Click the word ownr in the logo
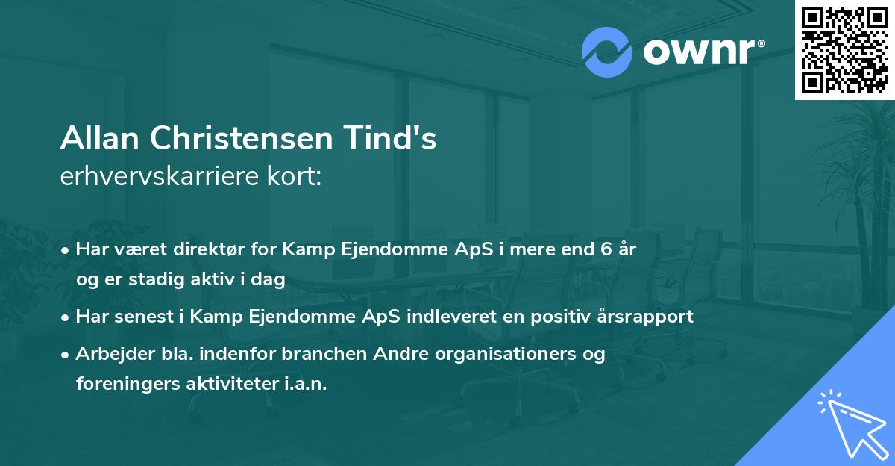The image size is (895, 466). pos(702,52)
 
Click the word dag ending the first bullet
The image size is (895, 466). pos(271,279)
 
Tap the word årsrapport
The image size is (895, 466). pos(650,317)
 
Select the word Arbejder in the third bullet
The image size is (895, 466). pos(109,354)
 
